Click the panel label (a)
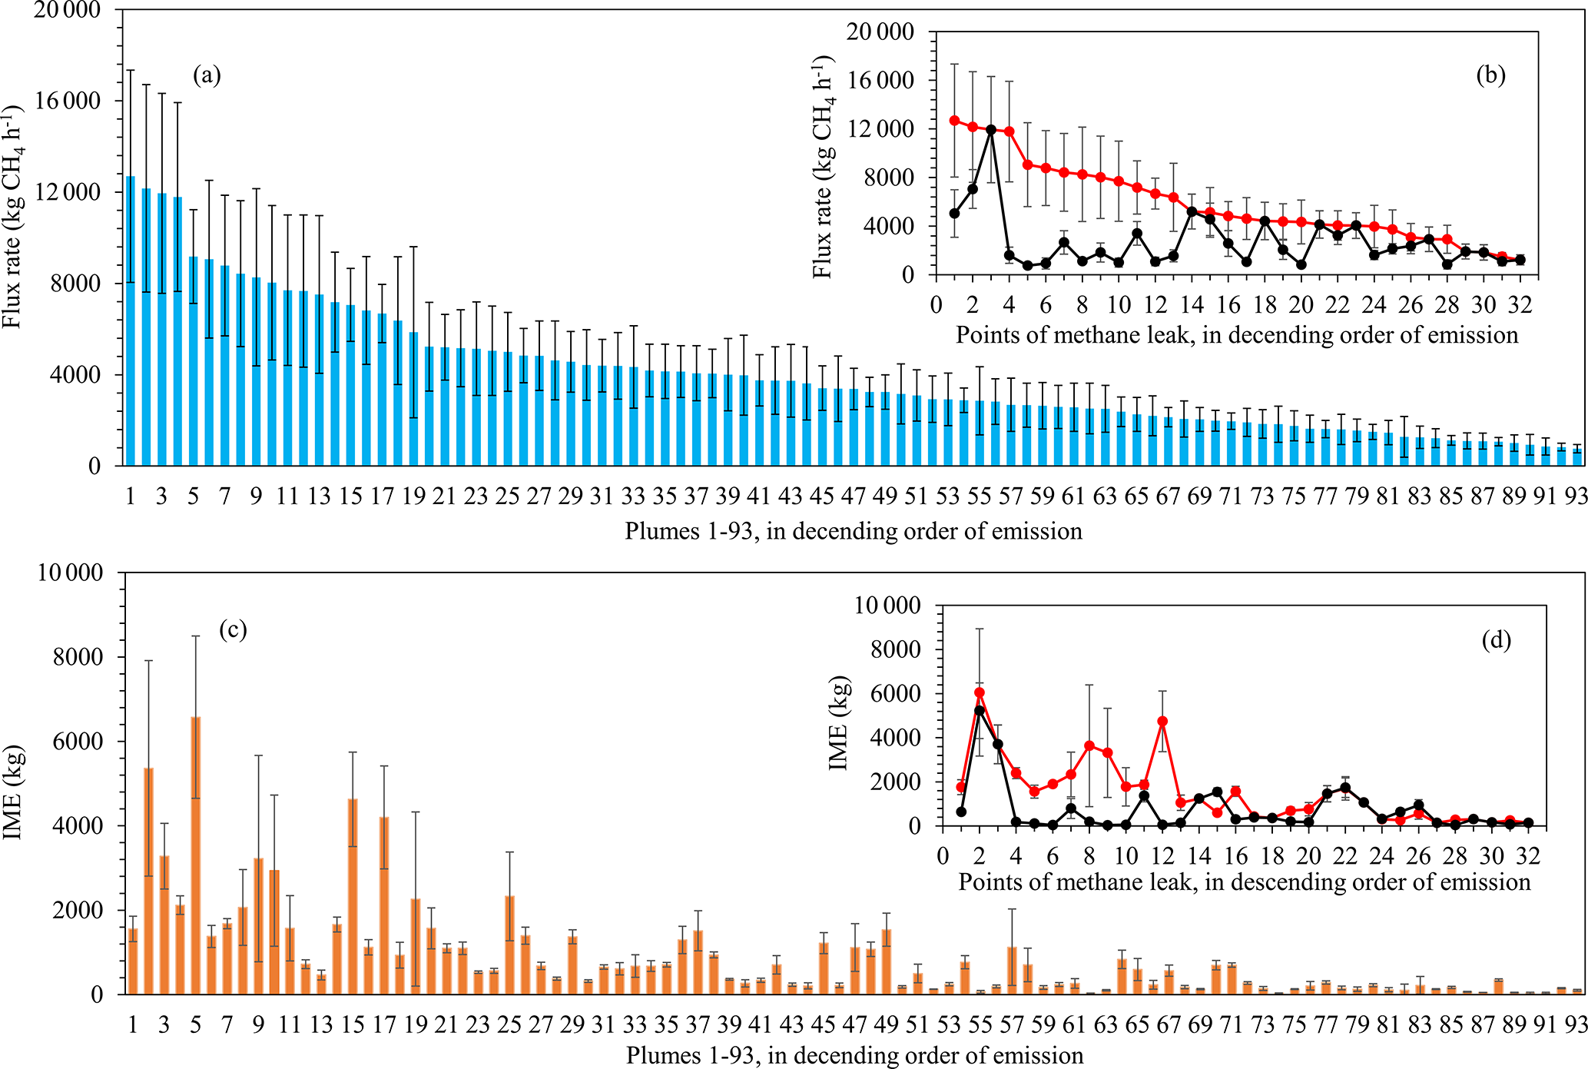click(x=207, y=75)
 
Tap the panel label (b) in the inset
click(x=1490, y=75)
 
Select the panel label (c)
click(x=233, y=630)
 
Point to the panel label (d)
click(x=1496, y=640)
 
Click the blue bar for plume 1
click(x=131, y=323)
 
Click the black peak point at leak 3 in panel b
click(x=991, y=129)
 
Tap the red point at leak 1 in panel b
click(x=954, y=121)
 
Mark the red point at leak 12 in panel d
click(x=1162, y=722)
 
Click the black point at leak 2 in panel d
click(x=980, y=710)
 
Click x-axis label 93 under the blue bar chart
click(x=1576, y=496)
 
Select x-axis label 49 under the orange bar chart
click(x=887, y=1024)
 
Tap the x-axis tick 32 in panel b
click(x=1520, y=305)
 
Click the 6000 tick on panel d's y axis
click(x=898, y=694)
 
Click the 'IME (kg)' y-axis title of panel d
click(x=839, y=722)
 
